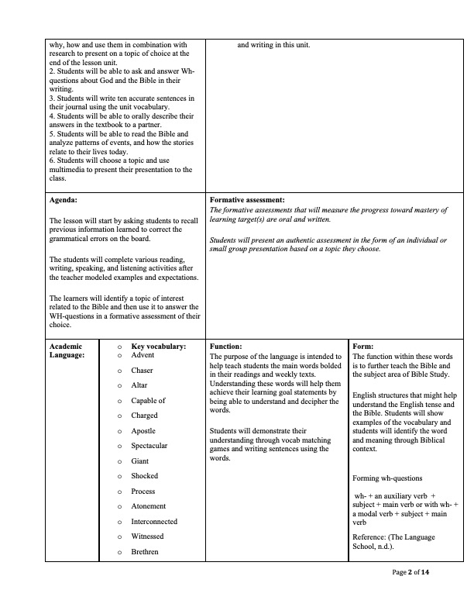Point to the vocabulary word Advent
(x=143, y=355)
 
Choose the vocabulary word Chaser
(x=143, y=371)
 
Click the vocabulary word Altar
(x=139, y=385)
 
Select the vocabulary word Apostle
(x=143, y=430)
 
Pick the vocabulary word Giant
(x=140, y=461)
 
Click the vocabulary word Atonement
(x=149, y=506)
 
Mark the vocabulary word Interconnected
(x=154, y=522)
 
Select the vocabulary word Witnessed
(x=147, y=536)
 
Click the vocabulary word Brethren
(x=145, y=552)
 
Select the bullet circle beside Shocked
(x=119, y=476)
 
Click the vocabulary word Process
(x=143, y=492)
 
